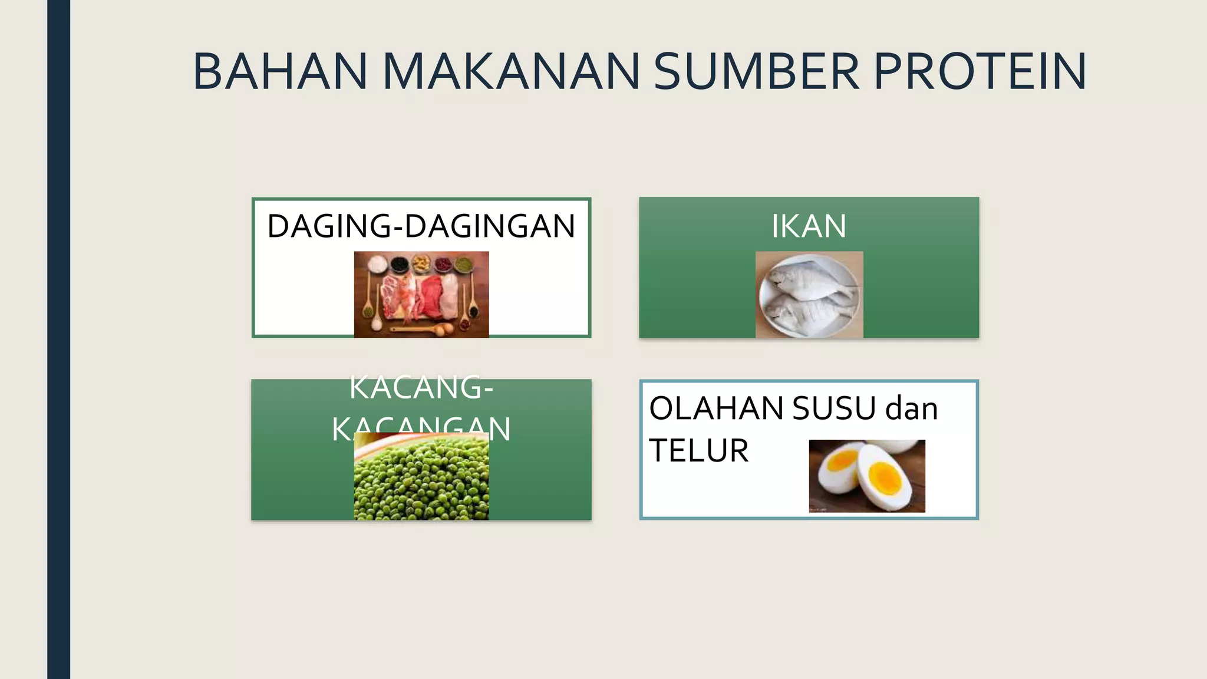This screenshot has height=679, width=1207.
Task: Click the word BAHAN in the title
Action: click(x=280, y=72)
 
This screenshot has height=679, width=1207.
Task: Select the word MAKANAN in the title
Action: click(x=511, y=72)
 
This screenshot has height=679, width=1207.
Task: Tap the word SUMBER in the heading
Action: click(x=756, y=72)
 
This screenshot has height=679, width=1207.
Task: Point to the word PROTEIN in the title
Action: click(x=980, y=72)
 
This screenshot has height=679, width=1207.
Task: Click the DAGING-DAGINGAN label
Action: click(x=421, y=226)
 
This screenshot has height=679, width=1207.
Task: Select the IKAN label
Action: click(x=809, y=226)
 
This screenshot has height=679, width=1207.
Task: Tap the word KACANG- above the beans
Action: click(x=421, y=388)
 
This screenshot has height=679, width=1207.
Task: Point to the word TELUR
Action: click(x=698, y=451)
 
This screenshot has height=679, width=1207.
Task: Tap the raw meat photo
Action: click(x=421, y=294)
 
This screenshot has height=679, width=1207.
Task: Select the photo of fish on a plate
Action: click(x=809, y=295)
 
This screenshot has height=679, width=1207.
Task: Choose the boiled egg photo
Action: click(x=867, y=476)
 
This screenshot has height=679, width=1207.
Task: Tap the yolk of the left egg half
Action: click(x=841, y=462)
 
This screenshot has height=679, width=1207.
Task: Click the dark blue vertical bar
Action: click(x=58, y=339)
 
